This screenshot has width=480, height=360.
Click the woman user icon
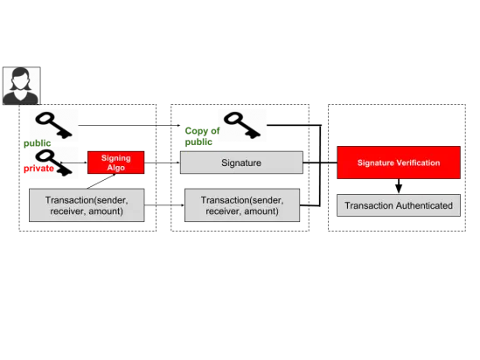pyautogui.click(x=22, y=86)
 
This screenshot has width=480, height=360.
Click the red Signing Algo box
pyautogui.click(x=115, y=163)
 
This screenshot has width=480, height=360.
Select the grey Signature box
pyautogui.click(x=241, y=163)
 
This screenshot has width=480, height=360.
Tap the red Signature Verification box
pyautogui.click(x=399, y=163)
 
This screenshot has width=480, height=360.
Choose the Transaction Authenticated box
pyautogui.click(x=399, y=205)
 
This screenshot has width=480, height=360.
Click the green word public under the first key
pyautogui.click(x=37, y=143)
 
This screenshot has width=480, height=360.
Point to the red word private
pyautogui.click(x=38, y=169)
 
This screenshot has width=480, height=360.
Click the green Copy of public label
pyautogui.click(x=202, y=136)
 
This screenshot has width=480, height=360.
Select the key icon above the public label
pyautogui.click(x=54, y=125)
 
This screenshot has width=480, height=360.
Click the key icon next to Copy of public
pyautogui.click(x=242, y=125)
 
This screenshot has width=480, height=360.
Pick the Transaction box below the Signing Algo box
pyautogui.click(x=87, y=205)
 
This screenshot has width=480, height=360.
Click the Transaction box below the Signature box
pyautogui.click(x=242, y=205)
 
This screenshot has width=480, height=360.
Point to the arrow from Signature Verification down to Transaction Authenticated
pyautogui.click(x=399, y=186)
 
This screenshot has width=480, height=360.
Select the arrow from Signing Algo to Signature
pyautogui.click(x=162, y=163)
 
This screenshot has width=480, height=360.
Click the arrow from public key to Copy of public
pyautogui.click(x=129, y=125)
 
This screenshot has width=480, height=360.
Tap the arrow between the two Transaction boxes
pyautogui.click(x=164, y=205)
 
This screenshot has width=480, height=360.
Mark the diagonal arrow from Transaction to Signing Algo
pyautogui.click(x=101, y=181)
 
